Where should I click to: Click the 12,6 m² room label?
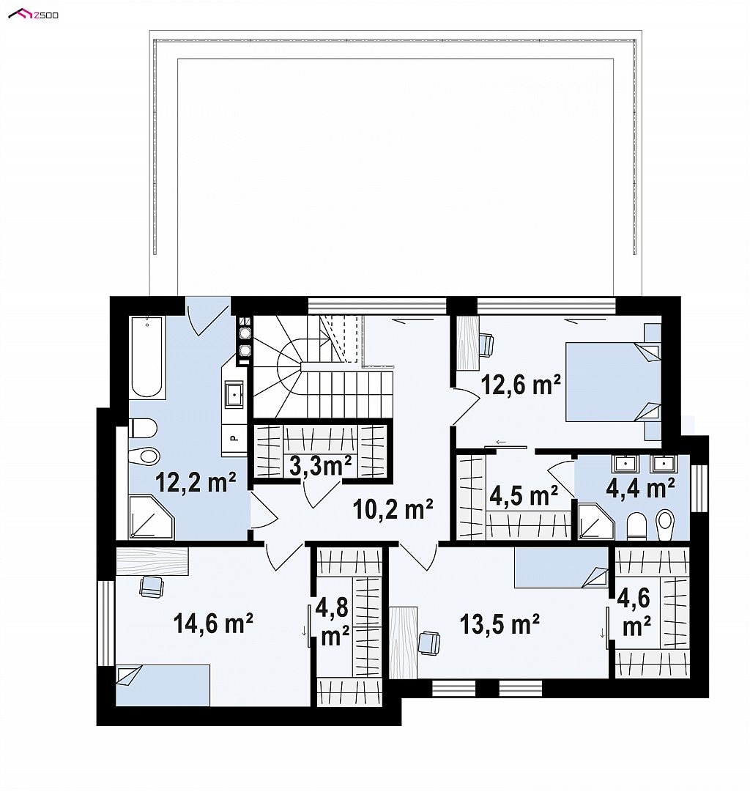coord(521,385)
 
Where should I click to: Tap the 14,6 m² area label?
coord(212,623)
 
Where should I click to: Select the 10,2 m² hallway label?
coord(393,509)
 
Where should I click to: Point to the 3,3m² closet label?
coord(321,465)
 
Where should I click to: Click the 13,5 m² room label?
coord(500,624)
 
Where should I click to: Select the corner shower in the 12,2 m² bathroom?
coord(151,517)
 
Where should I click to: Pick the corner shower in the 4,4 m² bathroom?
coord(595,521)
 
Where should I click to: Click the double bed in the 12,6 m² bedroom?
coord(612,382)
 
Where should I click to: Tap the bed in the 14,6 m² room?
coord(163,685)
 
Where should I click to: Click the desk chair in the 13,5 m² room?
coord(428,643)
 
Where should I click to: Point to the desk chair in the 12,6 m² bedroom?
coord(486,345)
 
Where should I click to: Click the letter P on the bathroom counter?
coord(234,438)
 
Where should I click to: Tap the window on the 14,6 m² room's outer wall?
coord(106,623)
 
